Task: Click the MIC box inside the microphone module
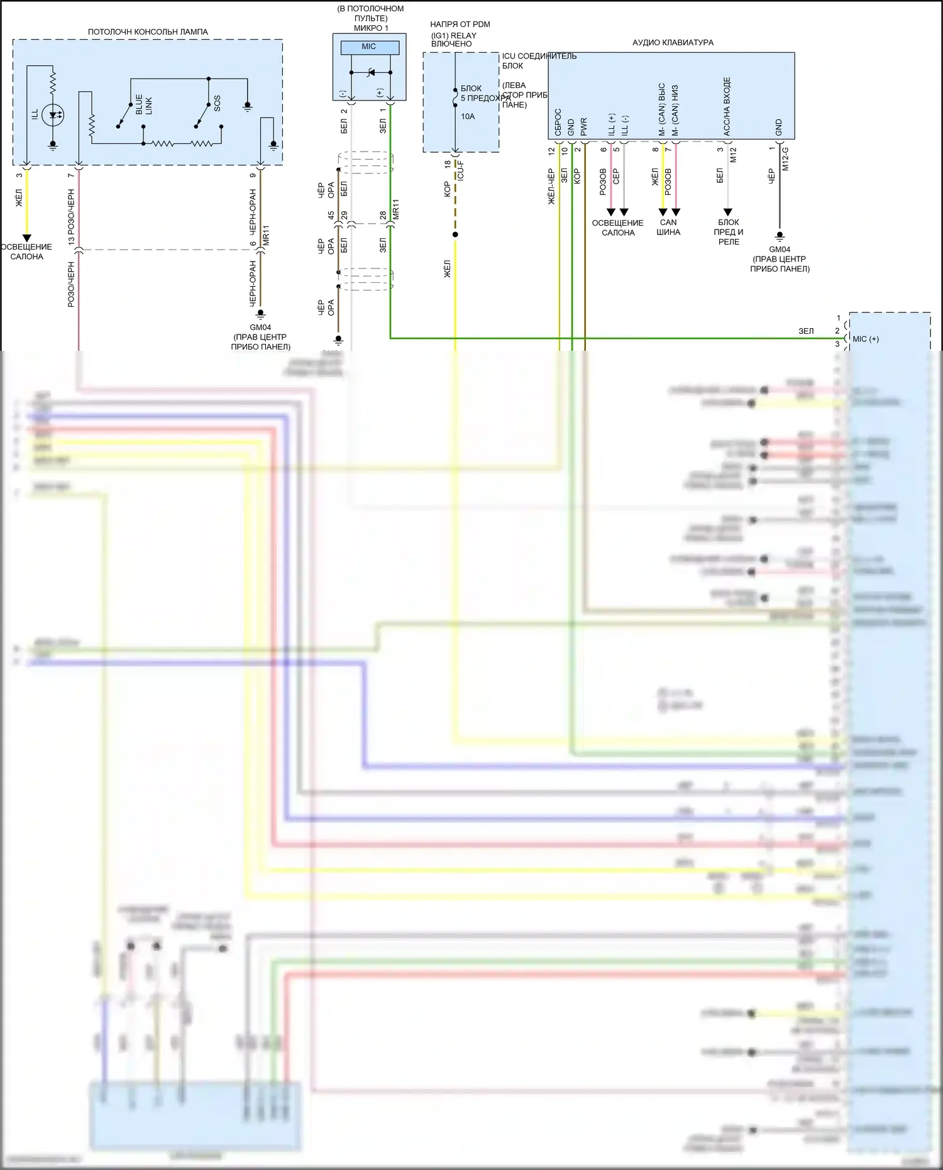pos(369,47)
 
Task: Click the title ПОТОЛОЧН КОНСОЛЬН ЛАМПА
pos(148,32)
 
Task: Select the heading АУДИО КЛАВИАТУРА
pos(673,43)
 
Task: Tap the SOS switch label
pos(218,104)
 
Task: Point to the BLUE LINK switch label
pos(144,104)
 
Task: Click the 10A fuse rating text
pos(468,117)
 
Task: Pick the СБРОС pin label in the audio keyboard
pos(558,122)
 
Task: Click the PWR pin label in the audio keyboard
pos(584,127)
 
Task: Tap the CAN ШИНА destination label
pos(668,227)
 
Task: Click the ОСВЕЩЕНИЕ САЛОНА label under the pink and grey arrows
pos(618,228)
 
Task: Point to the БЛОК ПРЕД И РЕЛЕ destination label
pos(729,232)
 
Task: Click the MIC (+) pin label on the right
pos(866,339)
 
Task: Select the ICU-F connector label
pos(461,170)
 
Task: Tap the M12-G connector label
pos(785,159)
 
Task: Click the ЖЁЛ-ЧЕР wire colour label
pos(552,187)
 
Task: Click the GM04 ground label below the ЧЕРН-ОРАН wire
pos(260,328)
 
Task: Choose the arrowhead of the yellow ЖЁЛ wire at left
pos(26,238)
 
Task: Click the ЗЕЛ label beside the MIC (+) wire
pos(806,331)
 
